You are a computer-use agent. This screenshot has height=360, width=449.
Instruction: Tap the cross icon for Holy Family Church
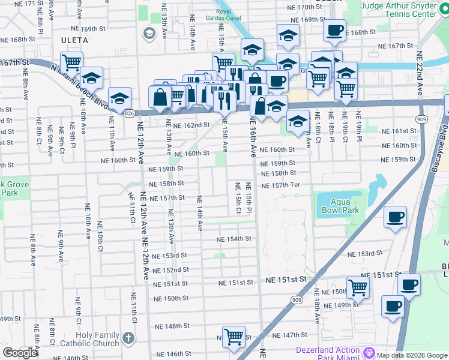point(128,338)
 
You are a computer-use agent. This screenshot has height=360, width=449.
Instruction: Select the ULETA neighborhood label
point(75,40)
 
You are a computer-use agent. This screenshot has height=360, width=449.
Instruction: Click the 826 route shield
point(129,113)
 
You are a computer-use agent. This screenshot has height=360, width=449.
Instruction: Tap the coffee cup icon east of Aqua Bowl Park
point(395,217)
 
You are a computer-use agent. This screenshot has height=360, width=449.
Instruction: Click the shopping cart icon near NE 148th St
point(233,336)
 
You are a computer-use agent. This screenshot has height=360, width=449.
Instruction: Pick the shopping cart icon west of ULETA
point(71,61)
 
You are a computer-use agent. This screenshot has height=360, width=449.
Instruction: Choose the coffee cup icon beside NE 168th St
point(334,29)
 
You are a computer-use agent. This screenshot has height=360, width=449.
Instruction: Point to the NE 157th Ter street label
point(280,185)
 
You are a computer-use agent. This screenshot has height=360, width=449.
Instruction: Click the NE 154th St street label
point(234,239)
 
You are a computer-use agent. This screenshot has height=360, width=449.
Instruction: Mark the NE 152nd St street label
point(173,270)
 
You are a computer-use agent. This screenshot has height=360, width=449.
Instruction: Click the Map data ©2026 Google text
point(411,355)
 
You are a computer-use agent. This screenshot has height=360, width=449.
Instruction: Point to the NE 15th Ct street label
point(238,199)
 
